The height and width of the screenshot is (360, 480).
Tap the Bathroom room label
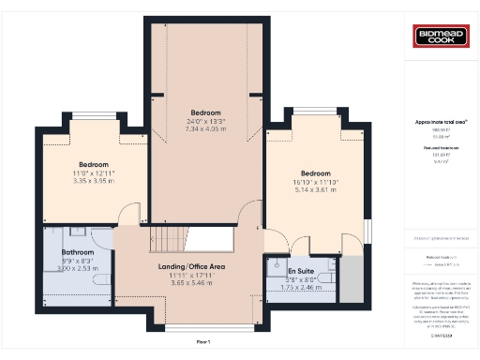pos(78,252)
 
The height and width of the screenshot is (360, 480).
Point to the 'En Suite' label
pos(301,270)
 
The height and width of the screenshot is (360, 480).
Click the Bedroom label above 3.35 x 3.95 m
pos(94,164)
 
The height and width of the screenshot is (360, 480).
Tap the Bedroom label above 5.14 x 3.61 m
pos(316,172)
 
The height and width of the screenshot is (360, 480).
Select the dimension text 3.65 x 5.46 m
pos(190,282)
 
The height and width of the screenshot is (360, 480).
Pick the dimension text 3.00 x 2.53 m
pos(78,268)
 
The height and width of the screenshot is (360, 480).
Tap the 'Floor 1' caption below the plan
pos(203,342)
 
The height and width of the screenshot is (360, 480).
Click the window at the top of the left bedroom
pos(93,116)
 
